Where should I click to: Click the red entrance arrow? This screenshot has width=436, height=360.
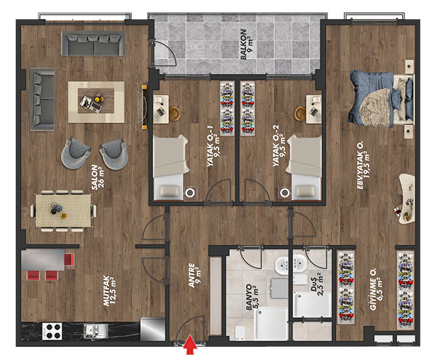coord(191,345)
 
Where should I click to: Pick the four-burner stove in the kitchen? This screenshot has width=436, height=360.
coord(52,331)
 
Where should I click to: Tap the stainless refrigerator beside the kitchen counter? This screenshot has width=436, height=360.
coord(153,329)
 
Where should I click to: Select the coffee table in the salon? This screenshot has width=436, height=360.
coord(96,101)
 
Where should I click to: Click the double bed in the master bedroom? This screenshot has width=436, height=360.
coord(381,99)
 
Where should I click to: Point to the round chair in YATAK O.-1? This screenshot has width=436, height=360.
coord(175,113)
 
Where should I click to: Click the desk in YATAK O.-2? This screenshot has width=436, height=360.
coord(314,109)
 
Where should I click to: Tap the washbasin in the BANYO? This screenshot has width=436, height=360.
coord(282,266)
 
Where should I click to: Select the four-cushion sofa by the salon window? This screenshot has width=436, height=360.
coord(93,43)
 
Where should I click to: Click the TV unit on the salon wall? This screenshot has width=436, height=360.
coord(144,107)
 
